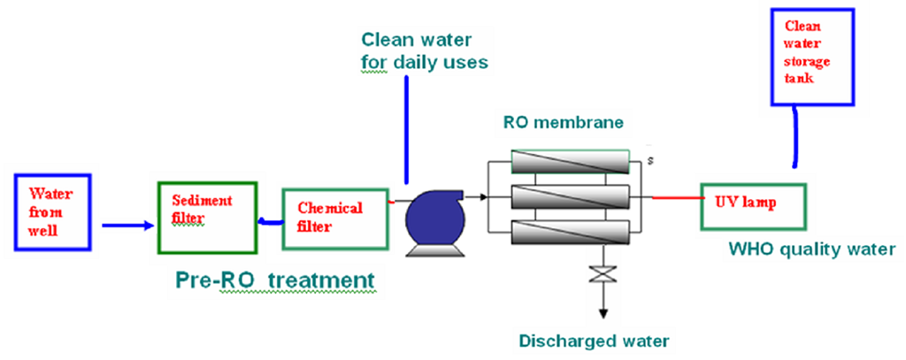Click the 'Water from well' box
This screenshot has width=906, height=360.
pyautogui.click(x=52, y=212)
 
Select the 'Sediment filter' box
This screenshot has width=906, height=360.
pyautogui.click(x=207, y=218)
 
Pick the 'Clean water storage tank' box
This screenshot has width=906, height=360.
pyautogui.click(x=812, y=57)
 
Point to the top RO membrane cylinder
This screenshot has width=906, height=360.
pyautogui.click(x=571, y=162)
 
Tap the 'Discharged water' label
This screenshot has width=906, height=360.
pyautogui.click(x=595, y=341)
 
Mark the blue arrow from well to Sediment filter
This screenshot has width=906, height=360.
pyautogui.click(x=129, y=226)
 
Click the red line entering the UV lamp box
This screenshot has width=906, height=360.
pyautogui.click(x=678, y=197)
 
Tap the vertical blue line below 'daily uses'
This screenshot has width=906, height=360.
pyautogui.click(x=407, y=130)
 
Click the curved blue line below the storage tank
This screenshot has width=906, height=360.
pyautogui.click(x=795, y=137)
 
